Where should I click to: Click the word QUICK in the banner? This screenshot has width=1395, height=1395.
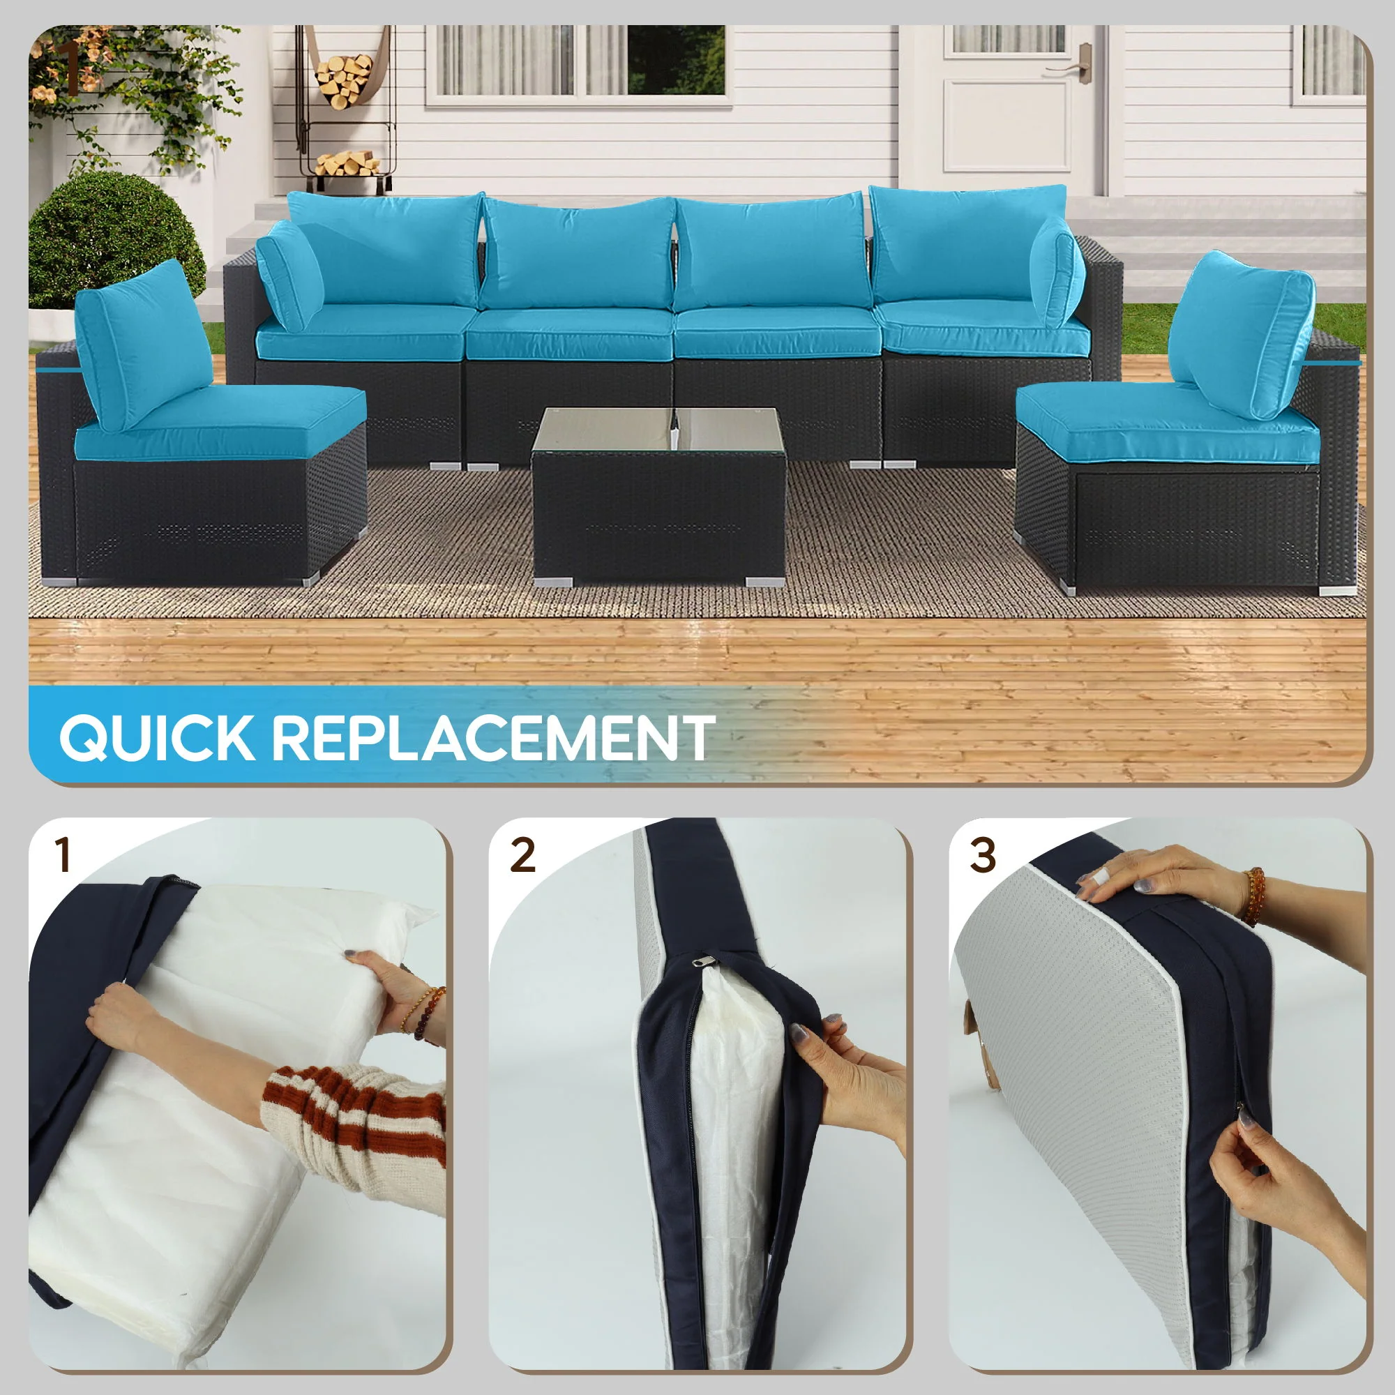(x=156, y=737)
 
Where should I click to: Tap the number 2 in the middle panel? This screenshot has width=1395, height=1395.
(x=522, y=856)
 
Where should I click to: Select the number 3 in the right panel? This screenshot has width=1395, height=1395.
(x=982, y=856)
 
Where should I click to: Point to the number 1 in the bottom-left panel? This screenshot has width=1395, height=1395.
(x=64, y=856)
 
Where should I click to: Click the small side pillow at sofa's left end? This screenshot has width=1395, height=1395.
(x=289, y=274)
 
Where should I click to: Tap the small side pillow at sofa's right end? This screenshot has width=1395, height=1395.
(x=1055, y=282)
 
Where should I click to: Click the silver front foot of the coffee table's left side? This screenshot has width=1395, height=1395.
(x=552, y=580)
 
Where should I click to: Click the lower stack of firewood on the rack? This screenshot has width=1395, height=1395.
(x=348, y=163)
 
